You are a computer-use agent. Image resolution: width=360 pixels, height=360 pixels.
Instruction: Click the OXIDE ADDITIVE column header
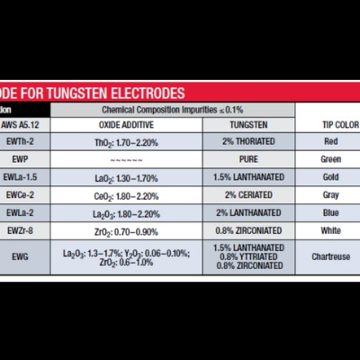coord(125,124)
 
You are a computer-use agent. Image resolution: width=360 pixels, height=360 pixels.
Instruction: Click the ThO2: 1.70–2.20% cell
coord(125,141)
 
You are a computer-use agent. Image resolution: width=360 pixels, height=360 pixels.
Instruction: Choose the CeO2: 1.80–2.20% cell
coord(125,194)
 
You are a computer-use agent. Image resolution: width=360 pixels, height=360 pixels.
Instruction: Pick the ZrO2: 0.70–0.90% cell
coord(125,230)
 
